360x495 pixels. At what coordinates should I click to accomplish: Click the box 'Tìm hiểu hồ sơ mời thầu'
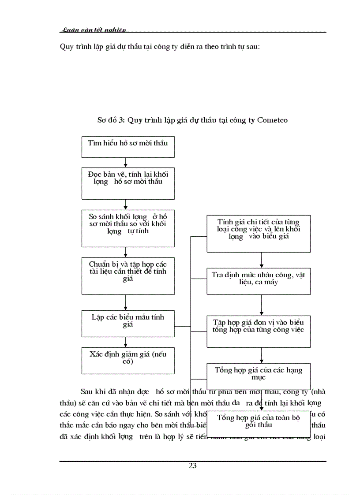pyautogui.click(x=128, y=147)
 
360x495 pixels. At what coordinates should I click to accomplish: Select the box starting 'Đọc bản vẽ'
pyautogui.click(x=128, y=183)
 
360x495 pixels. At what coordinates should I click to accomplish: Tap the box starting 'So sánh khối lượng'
pyautogui.click(x=128, y=228)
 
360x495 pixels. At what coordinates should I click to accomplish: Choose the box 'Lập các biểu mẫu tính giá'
pyautogui.click(x=128, y=324)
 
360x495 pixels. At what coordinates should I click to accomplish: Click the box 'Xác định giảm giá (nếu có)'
pyautogui.click(x=128, y=360)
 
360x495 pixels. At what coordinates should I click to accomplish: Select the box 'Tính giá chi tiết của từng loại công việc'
pyautogui.click(x=258, y=233)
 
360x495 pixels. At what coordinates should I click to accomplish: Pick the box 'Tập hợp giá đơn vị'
pyautogui.click(x=258, y=330)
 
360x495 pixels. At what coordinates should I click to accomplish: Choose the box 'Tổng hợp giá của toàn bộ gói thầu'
pyautogui.click(x=258, y=422)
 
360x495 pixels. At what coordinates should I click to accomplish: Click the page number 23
pyautogui.click(x=192, y=466)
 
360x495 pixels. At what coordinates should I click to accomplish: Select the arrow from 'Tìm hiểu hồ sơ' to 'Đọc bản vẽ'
pyautogui.click(x=126, y=162)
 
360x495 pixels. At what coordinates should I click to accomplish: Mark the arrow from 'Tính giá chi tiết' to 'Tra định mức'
pyautogui.click(x=262, y=260)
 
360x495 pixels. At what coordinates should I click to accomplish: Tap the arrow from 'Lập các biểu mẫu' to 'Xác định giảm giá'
pyautogui.click(x=126, y=342)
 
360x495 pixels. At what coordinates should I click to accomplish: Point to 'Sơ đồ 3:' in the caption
pyautogui.click(x=111, y=120)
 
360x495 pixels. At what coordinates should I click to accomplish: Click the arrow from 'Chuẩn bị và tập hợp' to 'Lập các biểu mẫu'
pyautogui.click(x=126, y=302)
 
